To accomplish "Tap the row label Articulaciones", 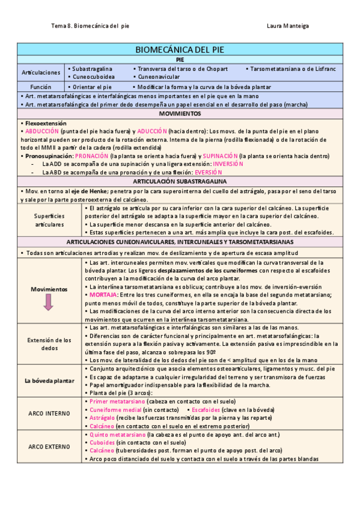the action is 41,73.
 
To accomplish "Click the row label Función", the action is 41,87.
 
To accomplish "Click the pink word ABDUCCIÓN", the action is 42,131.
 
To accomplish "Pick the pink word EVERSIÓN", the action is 209,172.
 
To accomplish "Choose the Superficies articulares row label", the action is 49,220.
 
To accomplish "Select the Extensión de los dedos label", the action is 49,344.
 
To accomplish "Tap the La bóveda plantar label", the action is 49,381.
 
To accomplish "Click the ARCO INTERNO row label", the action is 49,413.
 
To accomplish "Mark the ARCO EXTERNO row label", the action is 49,446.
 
